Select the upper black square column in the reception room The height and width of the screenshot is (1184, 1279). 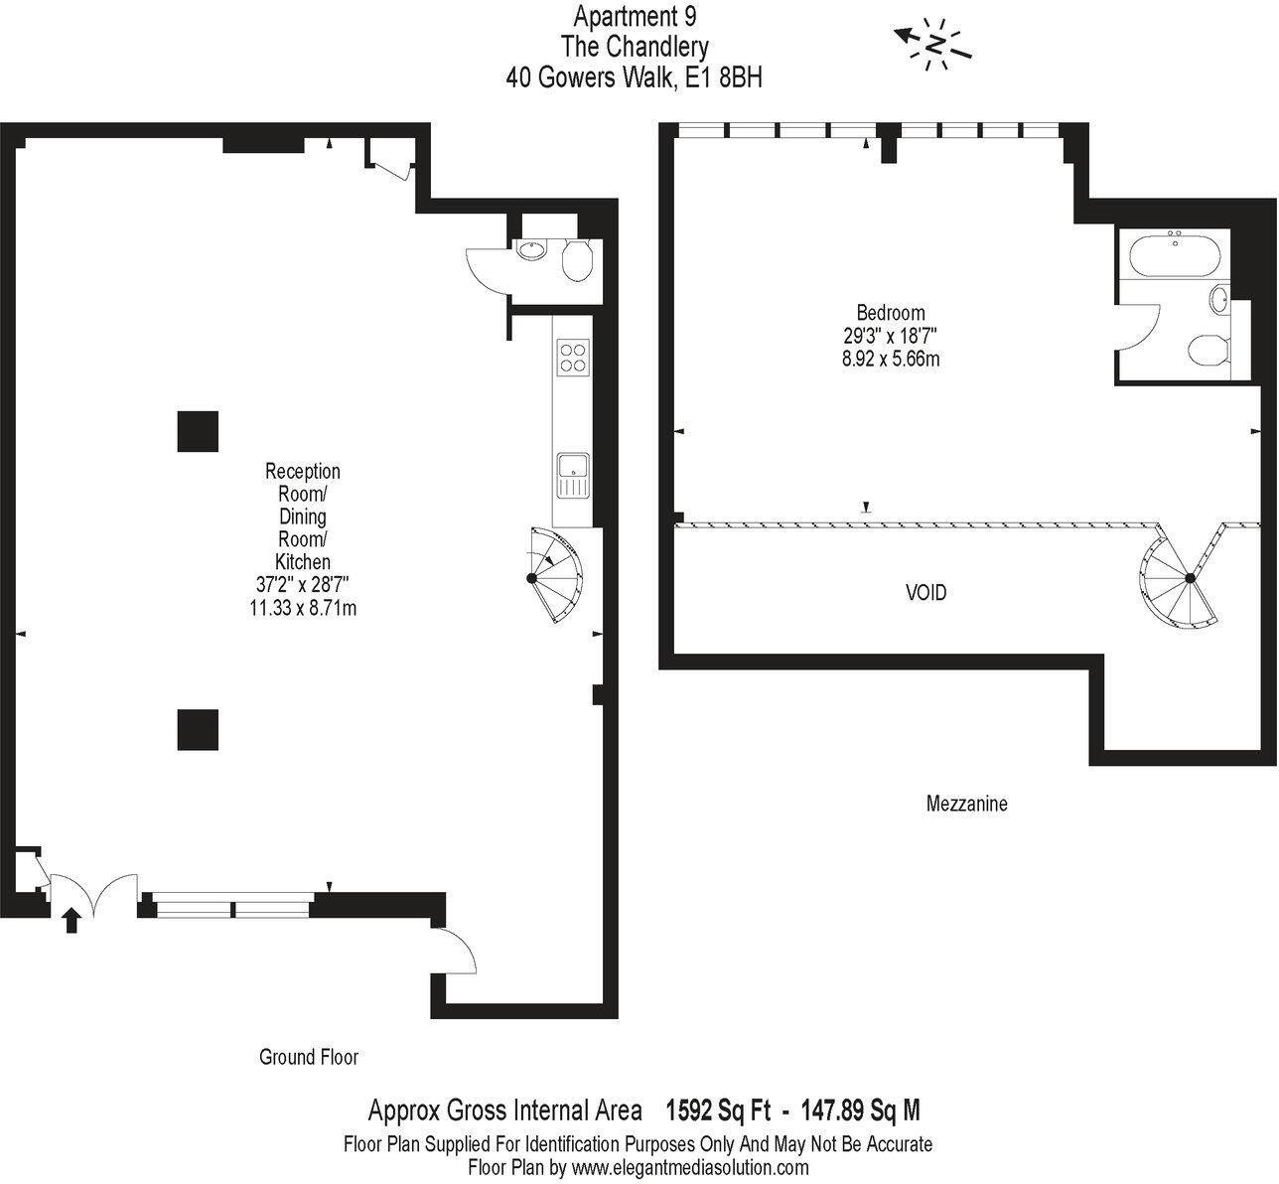pos(198,431)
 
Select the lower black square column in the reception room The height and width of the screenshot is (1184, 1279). pos(198,729)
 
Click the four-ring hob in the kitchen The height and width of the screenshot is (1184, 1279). pos(572,356)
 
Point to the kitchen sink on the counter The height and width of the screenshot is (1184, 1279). pos(572,474)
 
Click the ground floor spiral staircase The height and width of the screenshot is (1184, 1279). pos(555,575)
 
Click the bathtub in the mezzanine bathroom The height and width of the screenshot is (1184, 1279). pos(1175,253)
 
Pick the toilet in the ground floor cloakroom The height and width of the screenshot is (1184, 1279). pos(577,262)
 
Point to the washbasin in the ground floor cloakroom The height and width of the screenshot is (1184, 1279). pos(531,249)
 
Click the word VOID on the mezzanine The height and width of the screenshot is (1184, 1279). pos(925,593)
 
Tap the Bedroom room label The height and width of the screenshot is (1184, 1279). pos(891,312)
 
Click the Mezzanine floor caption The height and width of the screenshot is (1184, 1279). pos(966,804)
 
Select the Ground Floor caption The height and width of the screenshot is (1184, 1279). pos(309,1057)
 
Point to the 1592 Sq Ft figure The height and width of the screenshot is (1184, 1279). pos(717,1110)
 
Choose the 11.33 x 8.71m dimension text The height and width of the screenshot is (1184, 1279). pos(303,607)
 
